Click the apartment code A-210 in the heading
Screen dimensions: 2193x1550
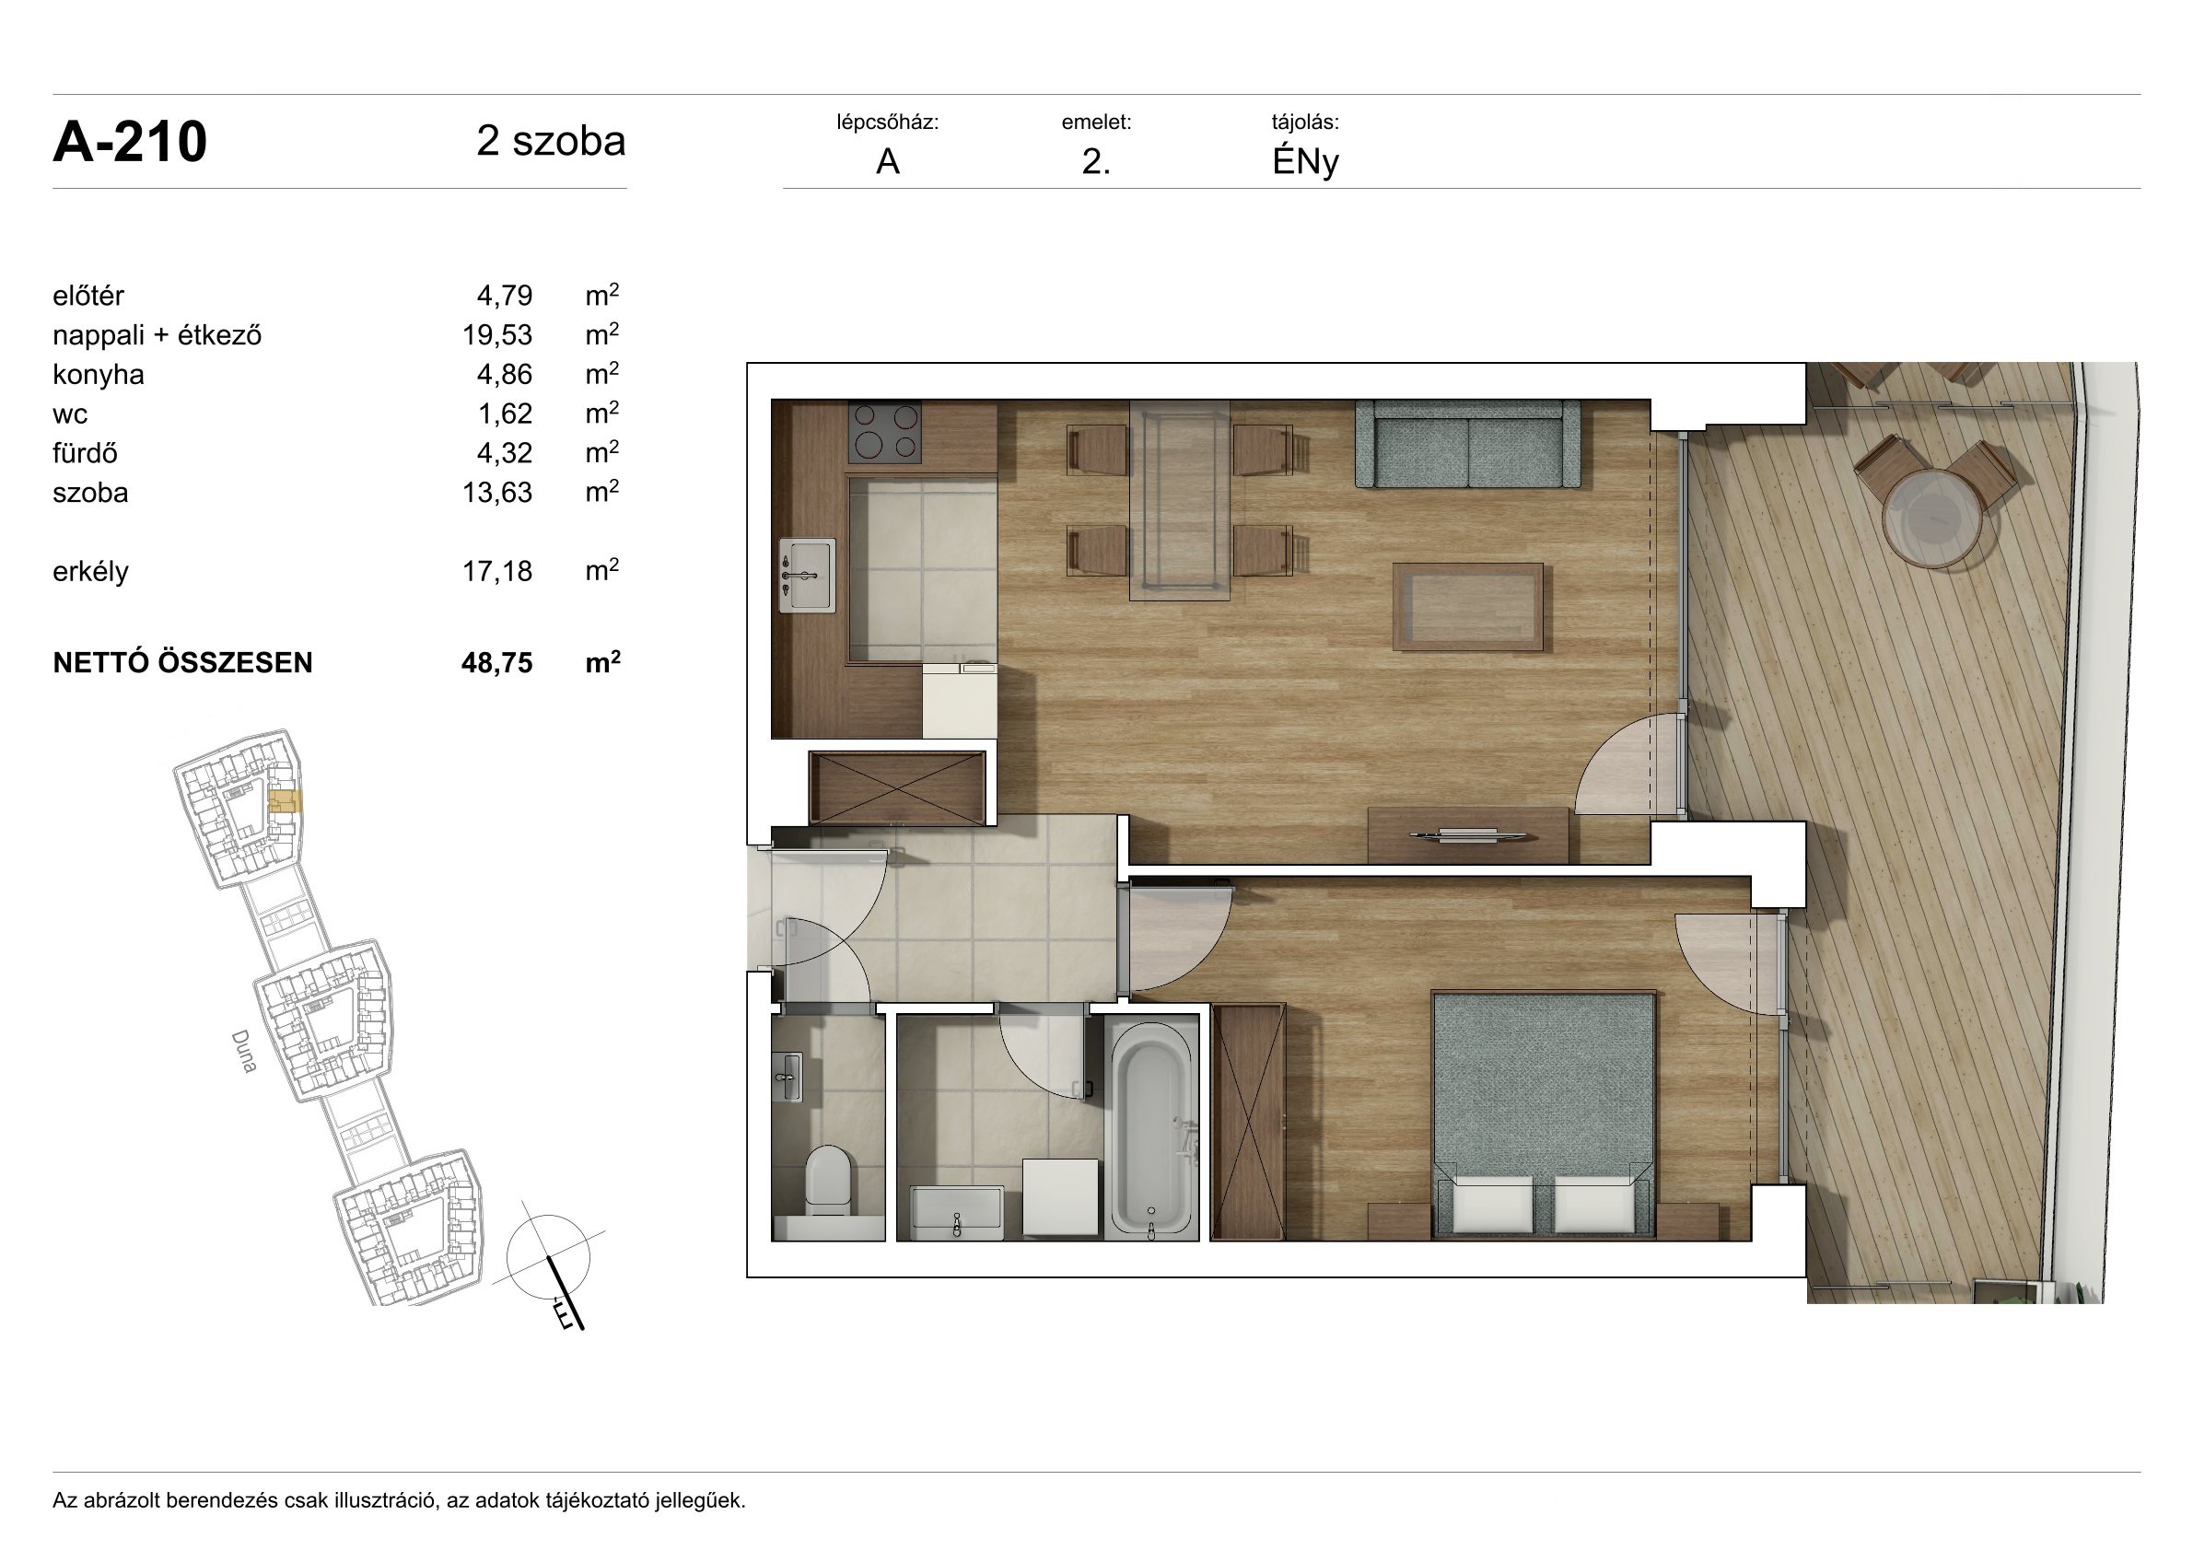tap(130, 143)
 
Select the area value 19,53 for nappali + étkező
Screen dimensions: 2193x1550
tap(496, 335)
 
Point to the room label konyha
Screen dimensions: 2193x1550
tap(99, 374)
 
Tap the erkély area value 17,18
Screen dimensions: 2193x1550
tap(496, 571)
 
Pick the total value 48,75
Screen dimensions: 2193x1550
tap(496, 663)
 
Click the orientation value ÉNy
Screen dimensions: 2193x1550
tap(1305, 162)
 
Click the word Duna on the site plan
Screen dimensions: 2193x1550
tap(244, 1051)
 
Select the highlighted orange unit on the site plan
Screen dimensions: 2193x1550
tap(286, 800)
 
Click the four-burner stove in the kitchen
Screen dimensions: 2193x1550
tap(884, 432)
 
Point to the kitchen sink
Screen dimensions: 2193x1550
tap(807, 575)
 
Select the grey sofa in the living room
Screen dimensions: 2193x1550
tap(1467, 444)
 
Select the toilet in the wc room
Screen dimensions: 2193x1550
tap(827, 1181)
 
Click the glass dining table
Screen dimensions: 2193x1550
tap(1180, 500)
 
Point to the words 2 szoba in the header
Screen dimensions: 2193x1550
tap(551, 141)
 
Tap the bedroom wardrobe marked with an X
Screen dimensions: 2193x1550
tap(1248, 1121)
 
